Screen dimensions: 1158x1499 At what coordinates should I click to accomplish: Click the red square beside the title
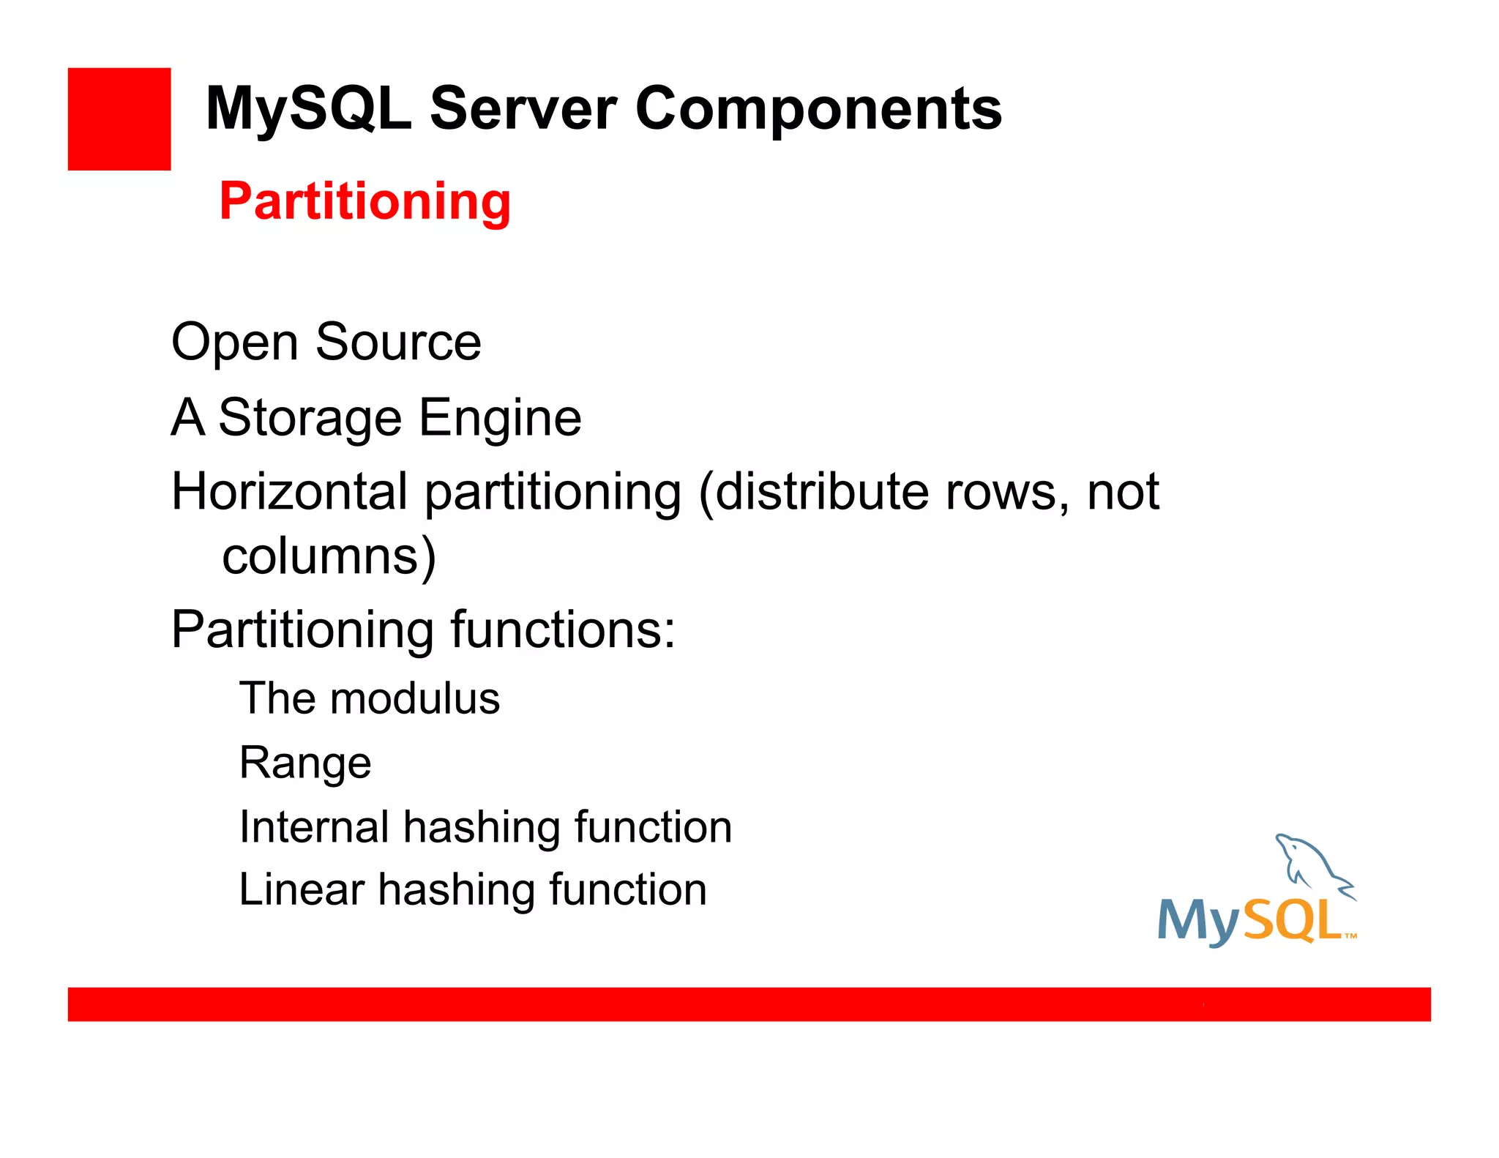click(119, 119)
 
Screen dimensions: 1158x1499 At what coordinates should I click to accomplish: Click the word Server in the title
click(523, 110)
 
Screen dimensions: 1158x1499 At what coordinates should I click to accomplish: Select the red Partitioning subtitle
click(365, 201)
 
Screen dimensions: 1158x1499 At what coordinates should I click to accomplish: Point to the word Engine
click(500, 419)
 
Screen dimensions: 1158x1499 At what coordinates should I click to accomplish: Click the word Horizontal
click(289, 491)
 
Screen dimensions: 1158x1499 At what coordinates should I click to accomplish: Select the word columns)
click(329, 556)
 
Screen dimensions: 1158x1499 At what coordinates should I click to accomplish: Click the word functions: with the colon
click(562, 630)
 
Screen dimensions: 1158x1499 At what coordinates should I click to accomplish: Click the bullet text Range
click(305, 763)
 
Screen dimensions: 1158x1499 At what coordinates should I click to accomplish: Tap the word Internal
click(314, 827)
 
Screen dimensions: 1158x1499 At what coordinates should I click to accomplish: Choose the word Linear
click(301, 890)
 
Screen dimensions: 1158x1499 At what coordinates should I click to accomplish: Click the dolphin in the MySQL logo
click(1310, 864)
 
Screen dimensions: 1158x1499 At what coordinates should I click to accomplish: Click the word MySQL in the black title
click(308, 110)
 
